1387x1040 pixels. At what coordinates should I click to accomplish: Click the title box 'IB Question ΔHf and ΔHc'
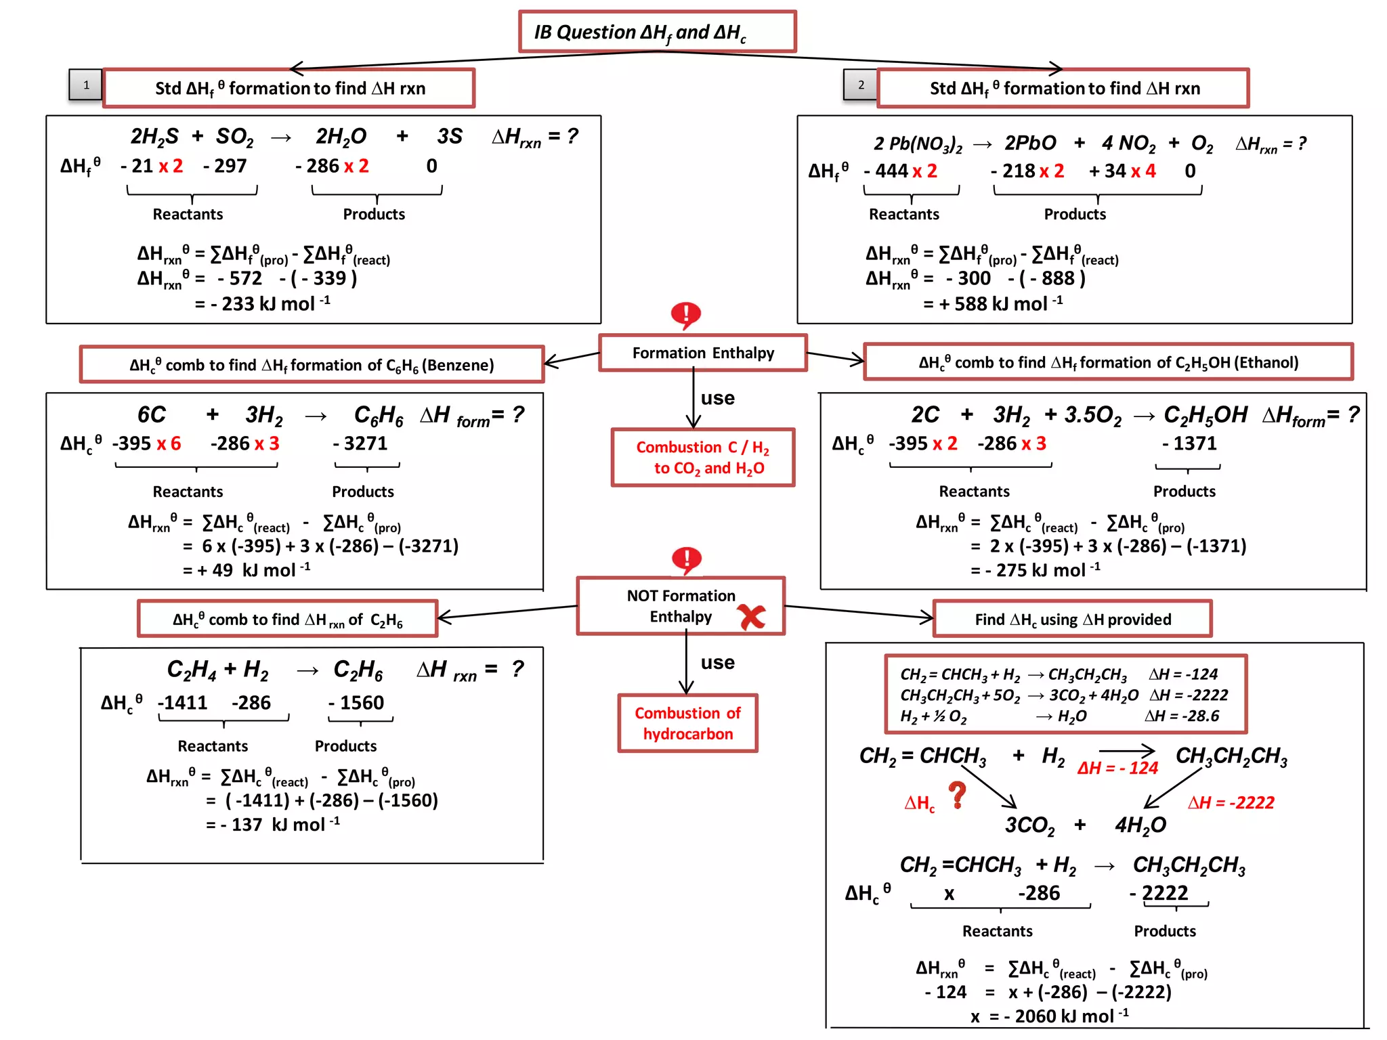(x=656, y=32)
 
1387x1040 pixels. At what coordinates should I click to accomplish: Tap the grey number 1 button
(x=86, y=85)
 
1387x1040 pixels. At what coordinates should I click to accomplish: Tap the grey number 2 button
(x=860, y=85)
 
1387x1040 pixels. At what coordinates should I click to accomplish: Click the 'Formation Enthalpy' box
(x=702, y=353)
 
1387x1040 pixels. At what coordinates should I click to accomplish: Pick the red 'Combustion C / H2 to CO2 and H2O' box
(x=702, y=457)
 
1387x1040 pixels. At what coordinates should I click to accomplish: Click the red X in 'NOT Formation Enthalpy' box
(x=752, y=616)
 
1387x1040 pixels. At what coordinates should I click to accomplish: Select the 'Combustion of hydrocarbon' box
(x=687, y=723)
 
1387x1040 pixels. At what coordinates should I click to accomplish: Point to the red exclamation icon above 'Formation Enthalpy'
(x=685, y=315)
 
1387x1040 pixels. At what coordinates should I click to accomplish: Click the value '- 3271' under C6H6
(x=360, y=443)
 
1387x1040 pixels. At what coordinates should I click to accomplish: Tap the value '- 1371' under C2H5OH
(x=1189, y=443)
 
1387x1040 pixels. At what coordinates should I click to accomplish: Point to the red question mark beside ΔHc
(x=956, y=796)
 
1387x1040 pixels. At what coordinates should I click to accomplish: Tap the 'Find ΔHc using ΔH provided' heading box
(x=1072, y=619)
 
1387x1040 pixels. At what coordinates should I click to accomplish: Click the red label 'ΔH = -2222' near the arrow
(x=1231, y=802)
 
